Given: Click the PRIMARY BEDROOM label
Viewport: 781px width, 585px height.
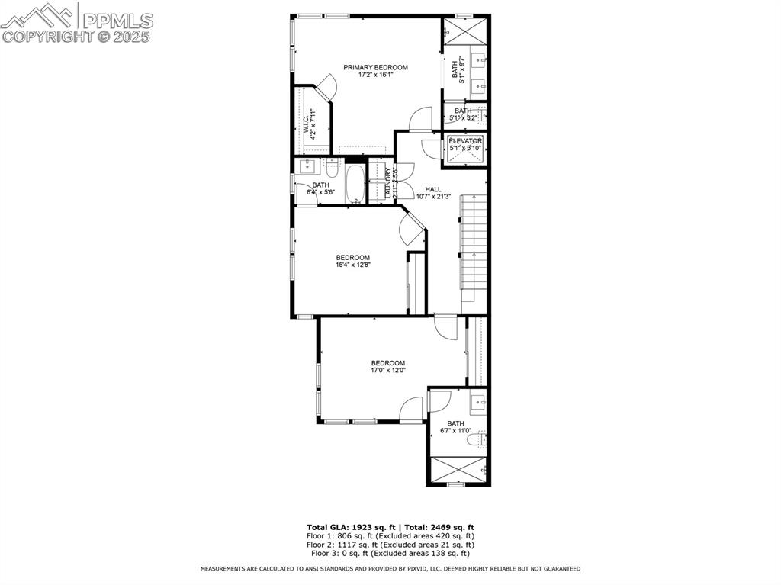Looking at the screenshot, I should click(374, 67).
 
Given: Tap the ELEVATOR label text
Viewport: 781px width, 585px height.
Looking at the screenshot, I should click(465, 141).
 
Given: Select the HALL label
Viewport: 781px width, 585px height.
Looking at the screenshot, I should click(433, 189).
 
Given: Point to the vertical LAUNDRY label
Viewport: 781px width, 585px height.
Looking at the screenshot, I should click(388, 183).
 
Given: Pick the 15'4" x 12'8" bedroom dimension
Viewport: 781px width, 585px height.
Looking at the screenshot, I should click(352, 265).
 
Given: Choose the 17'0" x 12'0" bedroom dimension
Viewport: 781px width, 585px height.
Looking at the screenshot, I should click(387, 371).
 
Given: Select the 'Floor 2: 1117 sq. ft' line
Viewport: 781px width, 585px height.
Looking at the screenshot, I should click(390, 545).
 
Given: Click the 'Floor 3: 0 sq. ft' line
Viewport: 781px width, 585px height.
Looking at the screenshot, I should click(390, 553).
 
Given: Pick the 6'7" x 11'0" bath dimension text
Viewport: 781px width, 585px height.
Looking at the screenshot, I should click(456, 431).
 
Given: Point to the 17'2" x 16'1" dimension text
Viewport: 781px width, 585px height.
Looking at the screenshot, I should click(374, 75).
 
